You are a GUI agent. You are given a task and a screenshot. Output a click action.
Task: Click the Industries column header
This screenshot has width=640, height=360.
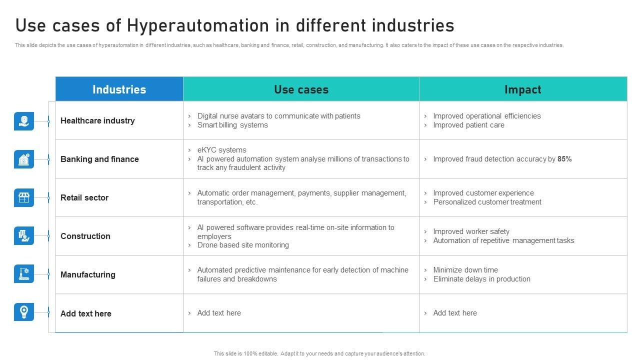point(119,89)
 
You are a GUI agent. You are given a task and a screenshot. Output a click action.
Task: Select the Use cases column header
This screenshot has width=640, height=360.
point(301,89)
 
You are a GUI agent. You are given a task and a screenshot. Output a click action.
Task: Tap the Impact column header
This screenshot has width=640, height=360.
point(522,89)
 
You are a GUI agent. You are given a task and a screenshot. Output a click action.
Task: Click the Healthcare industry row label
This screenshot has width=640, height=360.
point(97,120)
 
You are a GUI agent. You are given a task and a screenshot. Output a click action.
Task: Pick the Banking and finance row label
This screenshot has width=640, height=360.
point(99,159)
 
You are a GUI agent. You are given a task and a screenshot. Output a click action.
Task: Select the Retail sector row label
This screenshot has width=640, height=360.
point(84,197)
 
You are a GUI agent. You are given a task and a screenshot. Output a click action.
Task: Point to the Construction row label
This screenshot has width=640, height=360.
point(85,236)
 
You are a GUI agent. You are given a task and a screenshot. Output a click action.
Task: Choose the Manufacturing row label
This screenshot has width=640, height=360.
point(88,274)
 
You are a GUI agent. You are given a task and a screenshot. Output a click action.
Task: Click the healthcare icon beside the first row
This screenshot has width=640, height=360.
point(24,121)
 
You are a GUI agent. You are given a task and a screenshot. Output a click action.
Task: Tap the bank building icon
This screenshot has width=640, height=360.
point(24,159)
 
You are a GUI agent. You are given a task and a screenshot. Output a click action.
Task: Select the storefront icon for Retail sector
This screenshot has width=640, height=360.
point(24,197)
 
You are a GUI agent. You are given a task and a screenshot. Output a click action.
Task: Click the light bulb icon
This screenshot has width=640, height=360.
point(24,311)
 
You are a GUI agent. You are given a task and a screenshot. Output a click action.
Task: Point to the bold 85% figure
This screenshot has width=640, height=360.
point(564,159)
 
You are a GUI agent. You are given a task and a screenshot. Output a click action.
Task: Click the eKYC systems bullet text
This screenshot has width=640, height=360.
point(221,150)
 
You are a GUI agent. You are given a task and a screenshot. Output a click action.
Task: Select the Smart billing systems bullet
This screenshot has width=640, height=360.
point(232,125)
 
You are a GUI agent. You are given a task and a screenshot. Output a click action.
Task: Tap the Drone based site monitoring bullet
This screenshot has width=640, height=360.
point(243,245)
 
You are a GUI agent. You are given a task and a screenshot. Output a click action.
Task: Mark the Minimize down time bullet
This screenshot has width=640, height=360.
point(465,270)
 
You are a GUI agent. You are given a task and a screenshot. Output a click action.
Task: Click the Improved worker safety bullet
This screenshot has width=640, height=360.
point(471,231)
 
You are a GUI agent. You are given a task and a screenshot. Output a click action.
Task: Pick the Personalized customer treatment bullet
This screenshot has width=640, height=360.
point(487,202)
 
